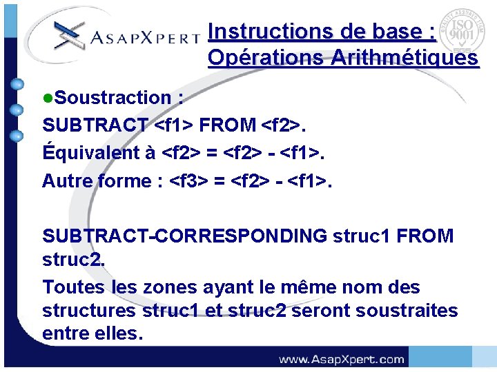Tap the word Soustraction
click(x=113, y=98)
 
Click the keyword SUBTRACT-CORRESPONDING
click(x=184, y=236)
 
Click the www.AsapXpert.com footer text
click(x=341, y=359)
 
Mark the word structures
click(x=89, y=311)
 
